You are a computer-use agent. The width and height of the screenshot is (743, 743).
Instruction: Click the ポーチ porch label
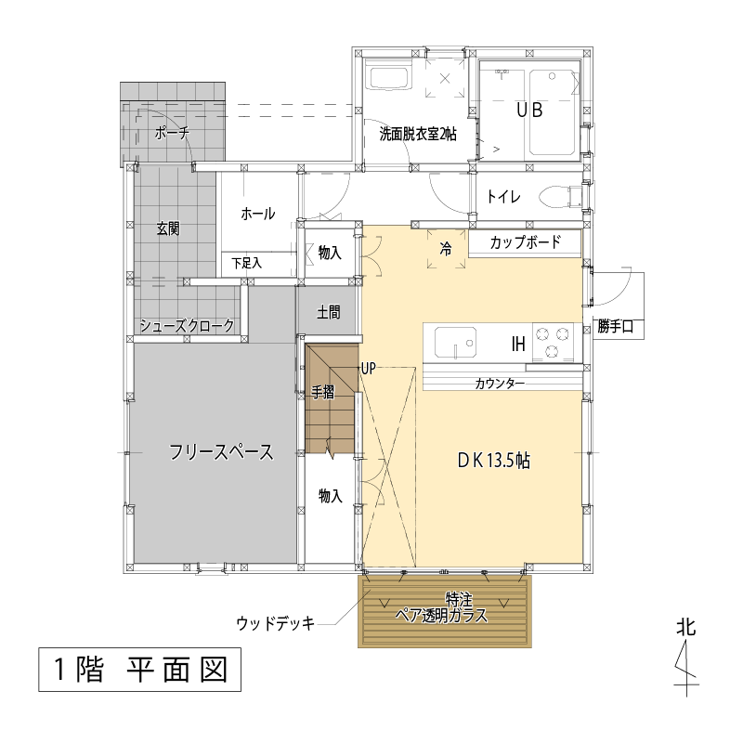172,133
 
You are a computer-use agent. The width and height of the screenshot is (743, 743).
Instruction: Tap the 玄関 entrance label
168,228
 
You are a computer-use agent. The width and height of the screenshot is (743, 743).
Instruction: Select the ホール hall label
258,214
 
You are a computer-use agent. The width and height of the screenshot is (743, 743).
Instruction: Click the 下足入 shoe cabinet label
246,264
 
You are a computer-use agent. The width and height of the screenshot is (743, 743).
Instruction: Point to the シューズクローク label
188,326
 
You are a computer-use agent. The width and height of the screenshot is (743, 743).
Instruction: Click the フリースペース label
222,452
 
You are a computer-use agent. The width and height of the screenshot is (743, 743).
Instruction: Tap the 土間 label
329,313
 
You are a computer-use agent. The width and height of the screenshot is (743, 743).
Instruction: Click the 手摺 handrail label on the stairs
322,392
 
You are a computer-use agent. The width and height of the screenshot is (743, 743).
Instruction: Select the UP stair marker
368,368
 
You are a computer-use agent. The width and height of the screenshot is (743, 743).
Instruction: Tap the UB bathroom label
529,111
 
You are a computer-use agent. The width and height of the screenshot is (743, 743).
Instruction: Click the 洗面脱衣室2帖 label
418,135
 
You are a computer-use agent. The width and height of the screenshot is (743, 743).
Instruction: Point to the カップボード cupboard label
525,242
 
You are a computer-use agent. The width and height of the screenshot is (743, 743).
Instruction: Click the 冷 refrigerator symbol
446,249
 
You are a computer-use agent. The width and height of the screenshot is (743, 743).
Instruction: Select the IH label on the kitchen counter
518,344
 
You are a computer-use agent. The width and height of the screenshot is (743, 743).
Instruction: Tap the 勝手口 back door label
615,327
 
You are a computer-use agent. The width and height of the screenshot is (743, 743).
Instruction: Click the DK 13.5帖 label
494,461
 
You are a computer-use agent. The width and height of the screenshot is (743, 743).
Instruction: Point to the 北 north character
685,628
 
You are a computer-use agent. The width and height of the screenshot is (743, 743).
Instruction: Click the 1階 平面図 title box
140,670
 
